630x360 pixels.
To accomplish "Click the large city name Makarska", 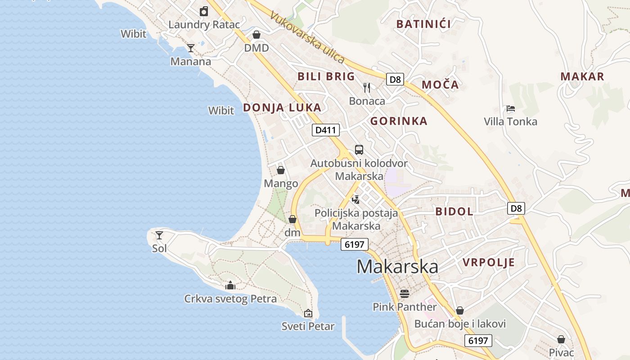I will click(397, 267).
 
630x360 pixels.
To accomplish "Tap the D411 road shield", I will click(326, 130).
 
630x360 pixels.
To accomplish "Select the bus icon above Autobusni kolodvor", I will click(359, 150).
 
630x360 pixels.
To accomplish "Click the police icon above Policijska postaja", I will click(356, 199).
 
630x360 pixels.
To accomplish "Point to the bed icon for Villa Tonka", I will click(510, 108).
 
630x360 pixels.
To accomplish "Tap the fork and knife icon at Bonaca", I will click(367, 87).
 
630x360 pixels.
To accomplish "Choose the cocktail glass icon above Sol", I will click(159, 235).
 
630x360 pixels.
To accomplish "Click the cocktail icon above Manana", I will click(191, 48).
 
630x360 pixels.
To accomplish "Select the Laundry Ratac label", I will click(204, 24).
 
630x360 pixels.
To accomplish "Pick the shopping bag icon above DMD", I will click(256, 35).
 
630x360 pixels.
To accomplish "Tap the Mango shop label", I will click(281, 183).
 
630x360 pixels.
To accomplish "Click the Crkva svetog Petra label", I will click(230, 299).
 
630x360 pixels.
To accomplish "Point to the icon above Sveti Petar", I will click(308, 313).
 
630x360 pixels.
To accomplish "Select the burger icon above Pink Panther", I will click(405, 294).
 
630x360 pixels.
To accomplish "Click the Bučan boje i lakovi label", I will click(460, 324).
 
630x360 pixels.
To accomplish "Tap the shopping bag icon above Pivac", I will click(561, 339).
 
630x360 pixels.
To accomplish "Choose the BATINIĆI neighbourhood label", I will click(423, 24).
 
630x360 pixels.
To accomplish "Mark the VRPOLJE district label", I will click(489, 262).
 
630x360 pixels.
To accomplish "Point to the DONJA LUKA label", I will click(282, 108).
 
